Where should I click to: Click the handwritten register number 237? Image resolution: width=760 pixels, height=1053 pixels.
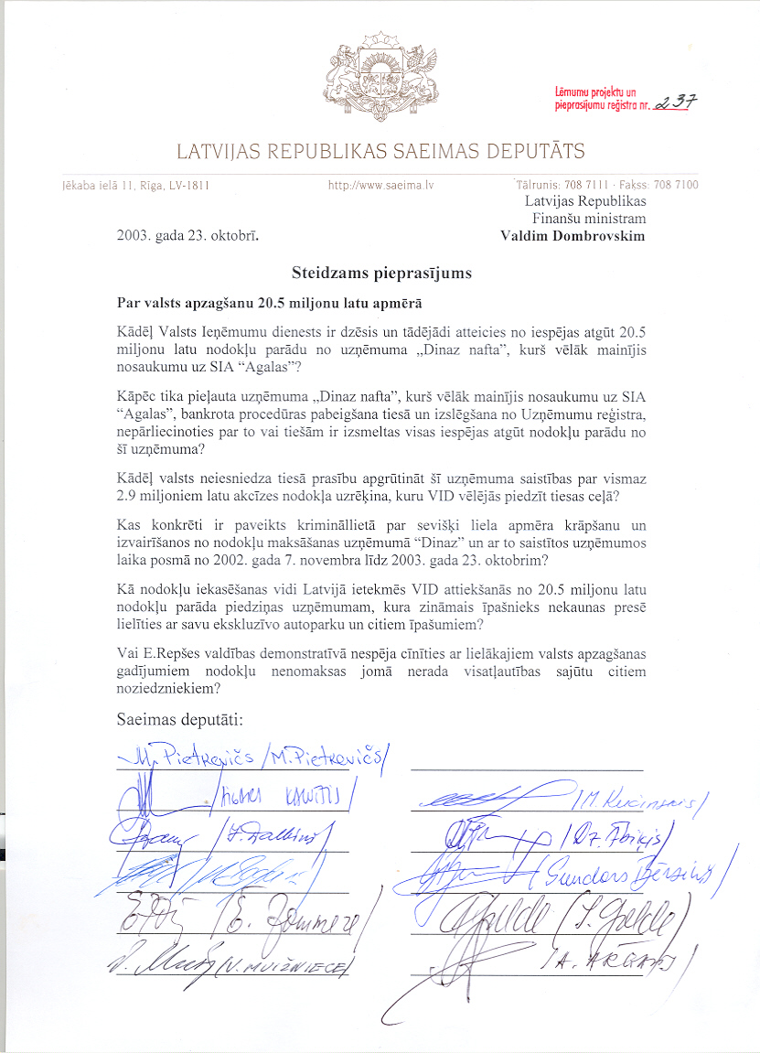click(676, 102)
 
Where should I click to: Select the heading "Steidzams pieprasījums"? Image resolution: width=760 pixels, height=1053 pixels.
click(381, 272)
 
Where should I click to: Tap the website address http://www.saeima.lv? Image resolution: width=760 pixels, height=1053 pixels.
click(380, 185)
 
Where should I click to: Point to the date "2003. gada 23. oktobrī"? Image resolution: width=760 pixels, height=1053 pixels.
click(187, 235)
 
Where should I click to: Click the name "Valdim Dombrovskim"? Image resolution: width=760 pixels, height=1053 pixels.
click(573, 235)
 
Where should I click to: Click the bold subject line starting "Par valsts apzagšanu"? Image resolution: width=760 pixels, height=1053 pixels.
click(270, 302)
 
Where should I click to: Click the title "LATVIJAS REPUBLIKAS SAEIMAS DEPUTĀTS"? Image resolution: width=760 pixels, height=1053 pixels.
click(380, 151)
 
